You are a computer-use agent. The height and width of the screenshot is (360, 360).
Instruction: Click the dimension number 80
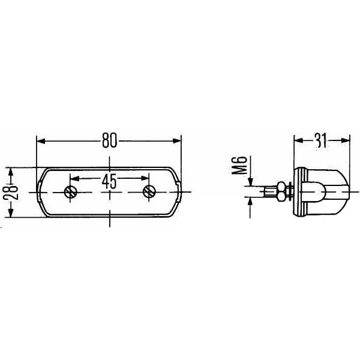(x=110, y=140)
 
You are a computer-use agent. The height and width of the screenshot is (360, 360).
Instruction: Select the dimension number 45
(x=109, y=181)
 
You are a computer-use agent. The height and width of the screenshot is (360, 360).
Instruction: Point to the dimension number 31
(x=321, y=140)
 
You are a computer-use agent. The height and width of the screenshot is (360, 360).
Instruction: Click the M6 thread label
(x=239, y=166)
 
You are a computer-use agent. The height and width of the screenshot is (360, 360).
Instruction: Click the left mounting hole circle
(x=70, y=192)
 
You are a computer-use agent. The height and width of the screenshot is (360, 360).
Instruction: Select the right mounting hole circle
(x=149, y=192)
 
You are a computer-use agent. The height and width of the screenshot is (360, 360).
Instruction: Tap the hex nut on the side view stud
(x=281, y=191)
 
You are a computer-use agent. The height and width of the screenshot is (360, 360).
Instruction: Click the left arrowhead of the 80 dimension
(x=41, y=141)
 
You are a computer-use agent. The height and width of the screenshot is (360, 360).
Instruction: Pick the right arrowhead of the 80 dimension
(x=177, y=141)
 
